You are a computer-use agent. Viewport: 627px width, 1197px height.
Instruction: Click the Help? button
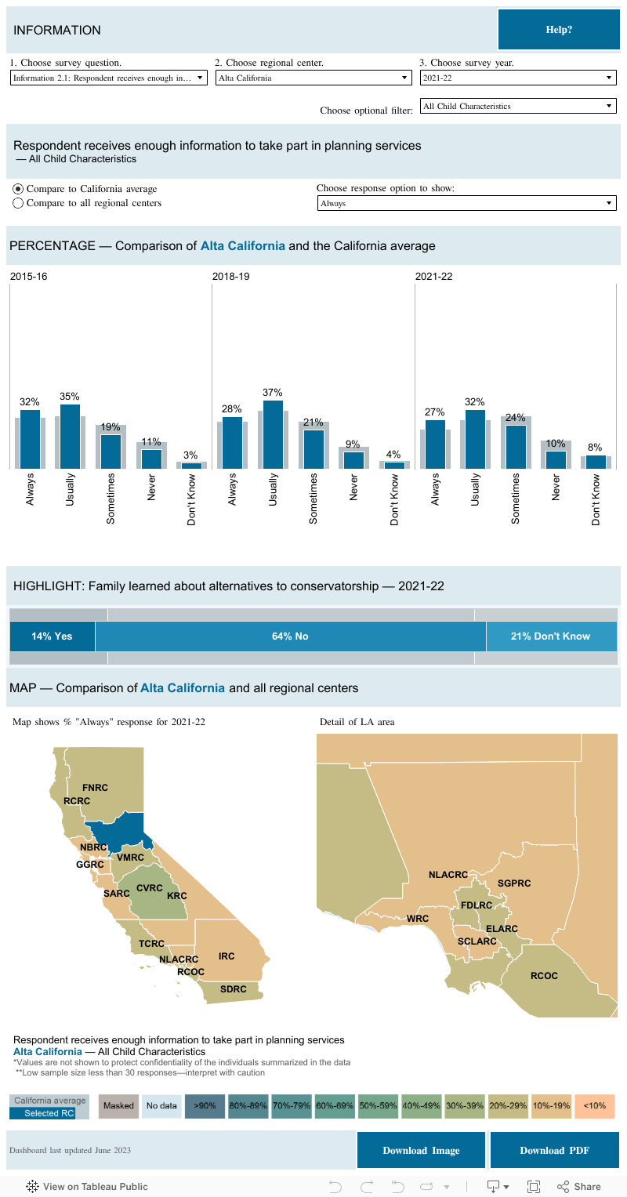point(558,30)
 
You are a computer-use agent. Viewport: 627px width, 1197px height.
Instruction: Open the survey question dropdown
point(109,78)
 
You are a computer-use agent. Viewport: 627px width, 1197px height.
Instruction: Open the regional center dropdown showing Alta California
point(313,78)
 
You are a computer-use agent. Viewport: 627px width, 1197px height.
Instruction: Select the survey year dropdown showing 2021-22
point(518,78)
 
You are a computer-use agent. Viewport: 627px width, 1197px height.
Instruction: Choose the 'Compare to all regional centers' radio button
point(19,203)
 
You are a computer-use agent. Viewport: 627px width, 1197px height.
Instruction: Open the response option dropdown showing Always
point(466,203)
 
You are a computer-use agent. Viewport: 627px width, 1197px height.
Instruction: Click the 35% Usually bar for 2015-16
point(70,436)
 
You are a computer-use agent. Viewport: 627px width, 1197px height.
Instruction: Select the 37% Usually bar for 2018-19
point(273,434)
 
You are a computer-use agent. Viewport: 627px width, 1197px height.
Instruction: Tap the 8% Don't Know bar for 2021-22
point(596,462)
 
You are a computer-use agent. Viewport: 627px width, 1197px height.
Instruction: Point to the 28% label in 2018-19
point(232,409)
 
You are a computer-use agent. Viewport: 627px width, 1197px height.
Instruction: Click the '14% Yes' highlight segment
point(52,637)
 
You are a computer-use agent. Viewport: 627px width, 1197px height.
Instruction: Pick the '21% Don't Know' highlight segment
point(550,637)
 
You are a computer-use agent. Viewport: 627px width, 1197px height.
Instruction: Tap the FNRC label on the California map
point(95,787)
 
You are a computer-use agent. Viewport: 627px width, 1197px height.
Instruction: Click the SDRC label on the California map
point(233,989)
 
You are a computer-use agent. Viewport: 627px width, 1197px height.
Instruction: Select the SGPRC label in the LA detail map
point(514,883)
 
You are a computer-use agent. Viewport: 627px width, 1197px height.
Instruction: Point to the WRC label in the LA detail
point(418,919)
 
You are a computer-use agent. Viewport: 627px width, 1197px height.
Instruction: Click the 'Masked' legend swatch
point(119,1105)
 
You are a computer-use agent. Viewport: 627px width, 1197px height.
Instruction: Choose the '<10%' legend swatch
point(594,1105)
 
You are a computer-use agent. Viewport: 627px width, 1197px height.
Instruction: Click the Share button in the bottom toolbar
point(579,1186)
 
